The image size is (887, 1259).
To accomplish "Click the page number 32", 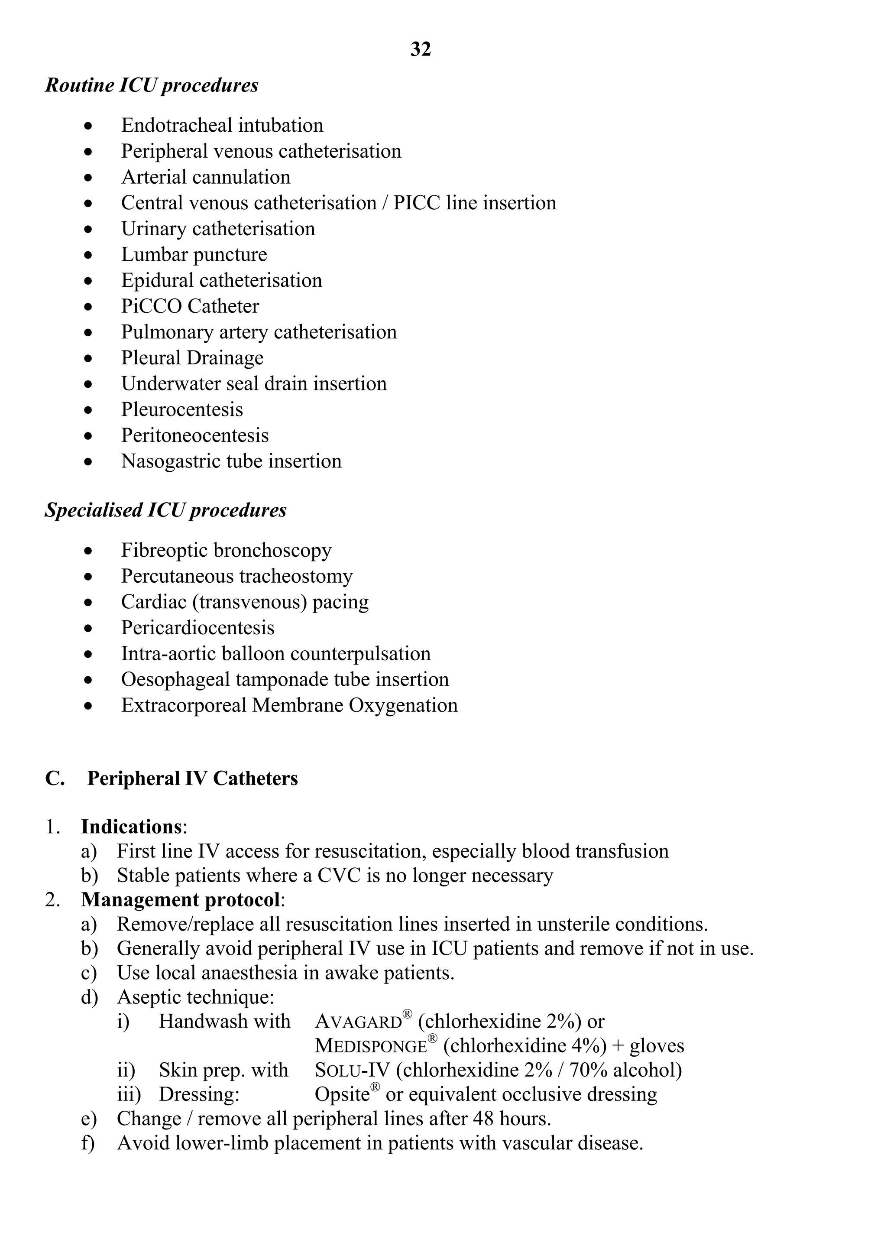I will point(421,49).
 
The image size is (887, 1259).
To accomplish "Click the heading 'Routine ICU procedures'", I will point(151,85).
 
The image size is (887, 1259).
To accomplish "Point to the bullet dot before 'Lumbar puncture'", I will point(88,255).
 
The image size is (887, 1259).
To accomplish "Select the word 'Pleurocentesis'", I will point(181,409).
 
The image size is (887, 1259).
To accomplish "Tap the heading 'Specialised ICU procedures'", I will point(165,510).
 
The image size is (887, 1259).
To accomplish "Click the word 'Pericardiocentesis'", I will point(197,628).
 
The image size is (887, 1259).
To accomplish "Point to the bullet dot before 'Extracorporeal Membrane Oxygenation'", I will point(88,706).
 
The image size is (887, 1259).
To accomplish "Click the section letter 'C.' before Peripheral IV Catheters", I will point(54,779).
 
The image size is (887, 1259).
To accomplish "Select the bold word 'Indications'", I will point(131,827).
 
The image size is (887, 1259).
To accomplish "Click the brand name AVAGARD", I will point(359,1022).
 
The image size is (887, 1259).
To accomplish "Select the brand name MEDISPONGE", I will point(371,1046).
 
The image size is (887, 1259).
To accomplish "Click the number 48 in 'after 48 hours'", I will point(483,1119).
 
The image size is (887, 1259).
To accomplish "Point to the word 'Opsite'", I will point(342,1094).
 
